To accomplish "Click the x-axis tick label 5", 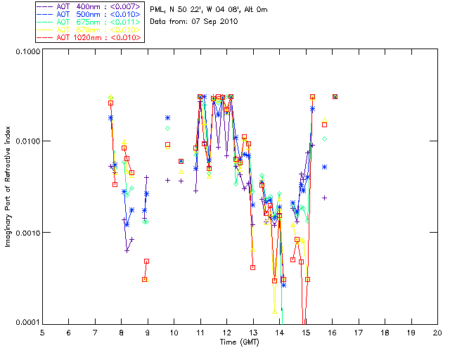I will click(42, 333).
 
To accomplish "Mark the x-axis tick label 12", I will click(226, 333).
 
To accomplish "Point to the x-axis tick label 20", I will click(437, 333).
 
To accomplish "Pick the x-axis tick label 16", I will click(332, 333).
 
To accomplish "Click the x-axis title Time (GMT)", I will click(240, 342).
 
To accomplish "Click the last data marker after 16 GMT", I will click(335, 96).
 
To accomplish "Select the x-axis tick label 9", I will click(148, 333).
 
